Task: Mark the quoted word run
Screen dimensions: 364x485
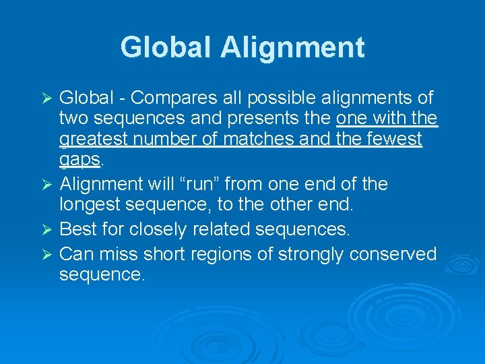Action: click(x=234, y=183)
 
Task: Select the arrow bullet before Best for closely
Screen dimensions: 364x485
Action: click(x=46, y=230)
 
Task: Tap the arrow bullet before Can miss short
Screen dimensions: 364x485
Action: click(x=46, y=255)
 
